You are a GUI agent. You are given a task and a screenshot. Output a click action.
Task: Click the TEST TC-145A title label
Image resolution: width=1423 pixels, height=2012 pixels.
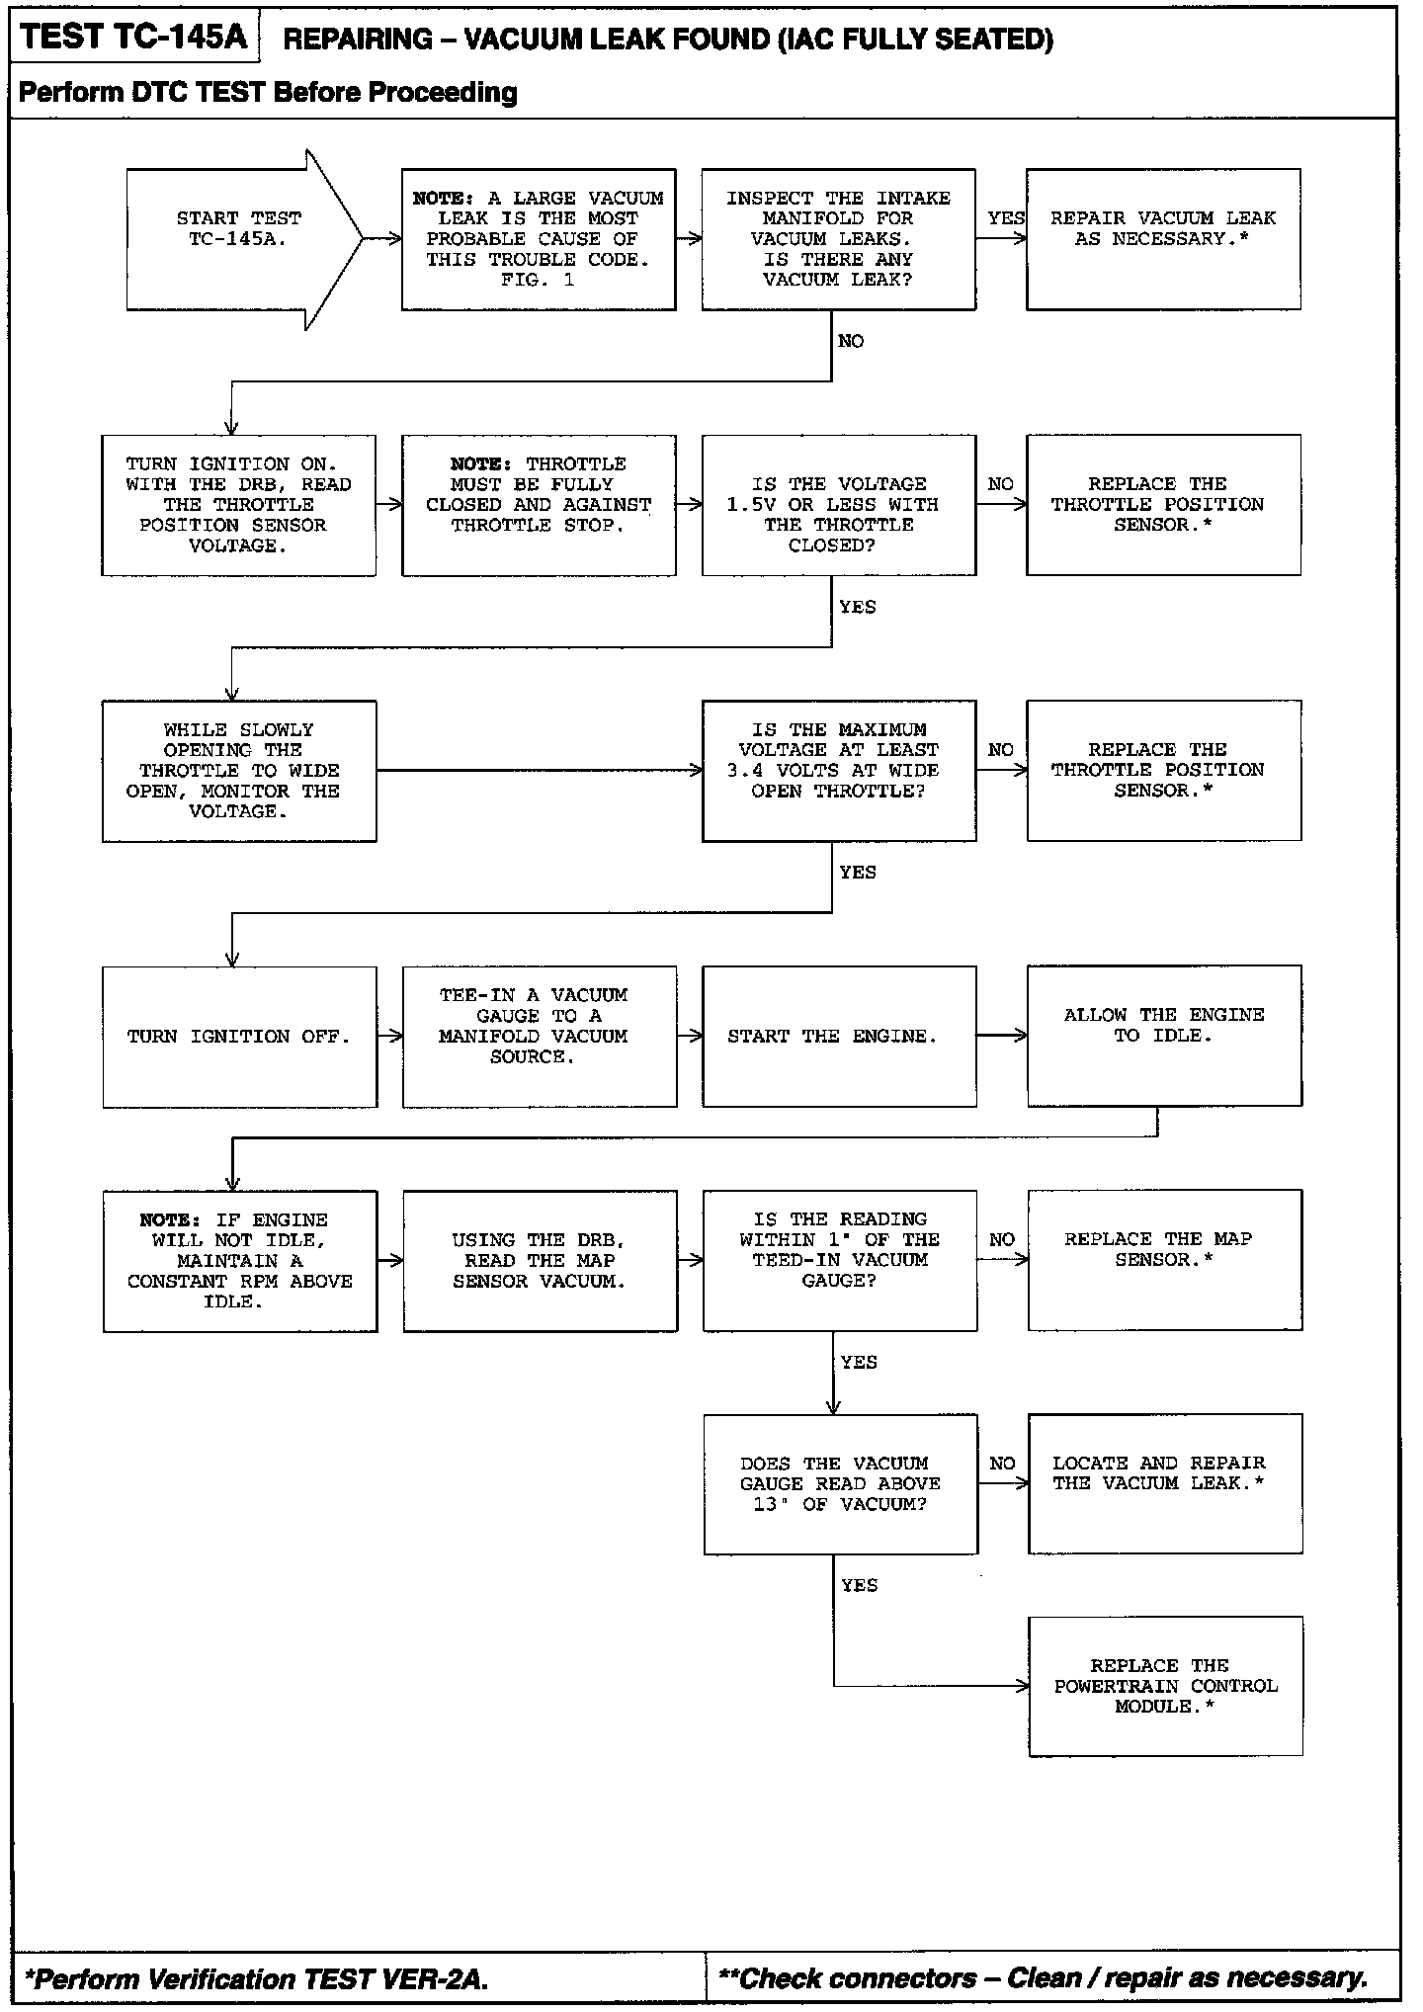pos(133,38)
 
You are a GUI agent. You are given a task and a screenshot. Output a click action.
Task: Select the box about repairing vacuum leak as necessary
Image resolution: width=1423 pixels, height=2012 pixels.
pos(1163,239)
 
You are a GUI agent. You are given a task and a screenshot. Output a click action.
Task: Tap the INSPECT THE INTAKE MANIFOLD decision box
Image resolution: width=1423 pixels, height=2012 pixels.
pos(838,239)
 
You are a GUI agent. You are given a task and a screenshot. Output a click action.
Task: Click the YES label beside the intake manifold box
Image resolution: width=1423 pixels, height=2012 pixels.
pos(1005,218)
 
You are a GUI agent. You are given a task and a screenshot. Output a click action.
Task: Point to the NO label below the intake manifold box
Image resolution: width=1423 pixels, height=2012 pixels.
pos(851,342)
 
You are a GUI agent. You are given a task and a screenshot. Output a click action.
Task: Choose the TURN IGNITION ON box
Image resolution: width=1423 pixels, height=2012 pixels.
pos(238,505)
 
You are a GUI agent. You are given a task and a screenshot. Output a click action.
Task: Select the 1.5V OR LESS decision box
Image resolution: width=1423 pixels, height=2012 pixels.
pos(838,505)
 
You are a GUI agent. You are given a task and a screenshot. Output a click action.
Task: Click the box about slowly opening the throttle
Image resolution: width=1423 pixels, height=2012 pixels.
pos(238,771)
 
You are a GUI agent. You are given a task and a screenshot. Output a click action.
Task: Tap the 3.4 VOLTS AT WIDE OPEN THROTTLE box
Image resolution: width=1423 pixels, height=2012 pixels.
pos(838,771)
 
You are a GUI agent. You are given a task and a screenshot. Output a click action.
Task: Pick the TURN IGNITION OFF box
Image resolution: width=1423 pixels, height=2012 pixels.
pos(239,1037)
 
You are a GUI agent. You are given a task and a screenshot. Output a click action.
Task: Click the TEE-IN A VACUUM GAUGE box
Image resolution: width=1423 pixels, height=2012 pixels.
pos(539,1037)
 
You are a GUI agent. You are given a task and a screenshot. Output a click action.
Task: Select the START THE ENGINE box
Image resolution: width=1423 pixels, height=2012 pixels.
pos(839,1037)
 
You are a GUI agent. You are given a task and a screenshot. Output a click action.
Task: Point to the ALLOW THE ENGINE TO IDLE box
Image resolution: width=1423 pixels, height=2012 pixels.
pos(1163,1035)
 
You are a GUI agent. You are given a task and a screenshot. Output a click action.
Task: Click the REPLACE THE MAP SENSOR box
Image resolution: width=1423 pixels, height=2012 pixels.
pos(1164,1260)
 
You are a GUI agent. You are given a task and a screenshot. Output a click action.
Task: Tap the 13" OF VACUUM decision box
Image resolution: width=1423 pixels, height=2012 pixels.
pos(840,1484)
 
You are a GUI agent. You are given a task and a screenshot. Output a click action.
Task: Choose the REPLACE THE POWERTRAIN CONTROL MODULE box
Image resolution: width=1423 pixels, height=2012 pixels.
pos(1165,1686)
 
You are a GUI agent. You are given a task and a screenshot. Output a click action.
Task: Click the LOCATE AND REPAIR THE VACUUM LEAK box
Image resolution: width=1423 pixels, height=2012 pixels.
pos(1164,1483)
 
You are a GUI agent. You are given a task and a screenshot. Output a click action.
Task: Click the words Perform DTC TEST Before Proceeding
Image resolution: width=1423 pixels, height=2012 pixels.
pos(268,93)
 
